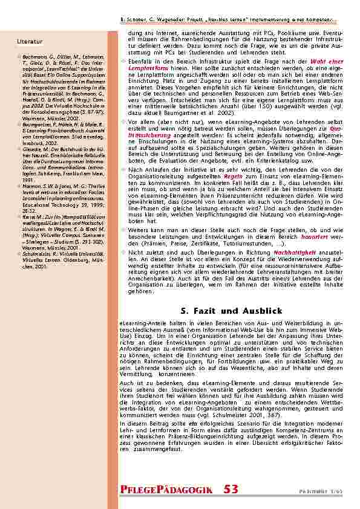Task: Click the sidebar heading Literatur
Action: pyautogui.click(x=30, y=42)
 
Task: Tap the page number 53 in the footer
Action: pyautogui.click(x=231, y=489)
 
